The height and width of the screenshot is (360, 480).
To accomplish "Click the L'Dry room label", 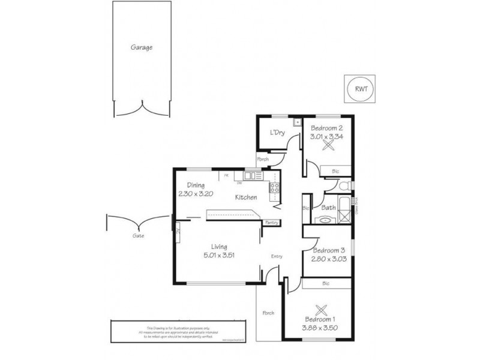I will coord(277,133).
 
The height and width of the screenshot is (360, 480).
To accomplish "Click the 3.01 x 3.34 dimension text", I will coord(326,137).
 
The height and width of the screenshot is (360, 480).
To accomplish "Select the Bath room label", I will coord(328,208).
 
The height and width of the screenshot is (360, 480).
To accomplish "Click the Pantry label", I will coord(272,223).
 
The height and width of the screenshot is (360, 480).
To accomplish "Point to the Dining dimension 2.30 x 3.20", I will coord(196,194).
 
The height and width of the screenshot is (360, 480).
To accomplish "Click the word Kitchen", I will coord(246,197).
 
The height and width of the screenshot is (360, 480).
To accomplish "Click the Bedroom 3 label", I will coord(328,250).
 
